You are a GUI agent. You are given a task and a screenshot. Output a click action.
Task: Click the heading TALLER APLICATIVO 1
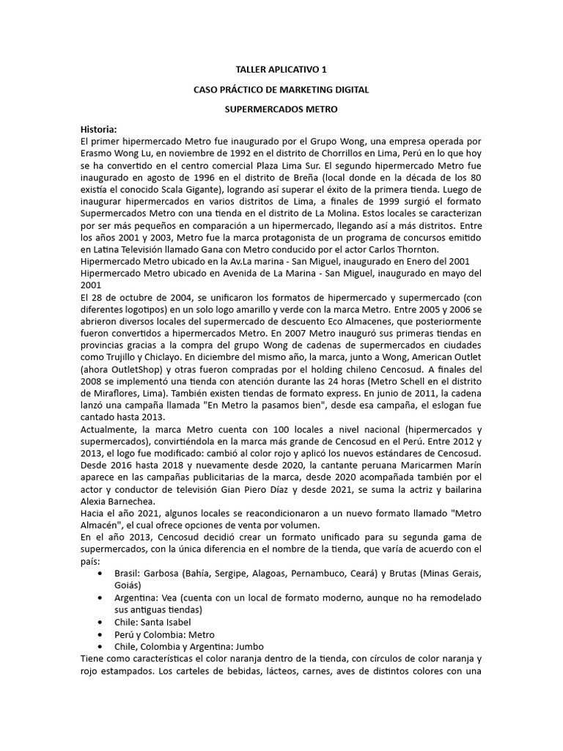[x=281, y=70]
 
